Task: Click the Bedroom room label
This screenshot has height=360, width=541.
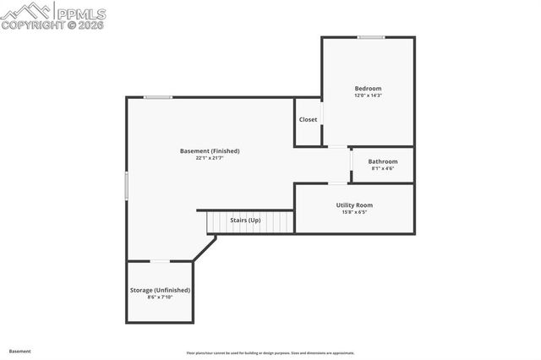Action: tap(368, 89)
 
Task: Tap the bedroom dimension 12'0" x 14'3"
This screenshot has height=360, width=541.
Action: tap(368, 95)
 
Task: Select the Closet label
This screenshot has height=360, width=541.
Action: tap(309, 119)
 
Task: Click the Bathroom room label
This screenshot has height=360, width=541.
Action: tap(382, 161)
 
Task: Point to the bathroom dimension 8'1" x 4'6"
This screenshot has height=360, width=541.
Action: tap(382, 168)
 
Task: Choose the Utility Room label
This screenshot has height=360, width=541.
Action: tap(354, 205)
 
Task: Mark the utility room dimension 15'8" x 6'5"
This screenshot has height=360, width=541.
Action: tap(354, 212)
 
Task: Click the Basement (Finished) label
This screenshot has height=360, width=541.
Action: tap(210, 151)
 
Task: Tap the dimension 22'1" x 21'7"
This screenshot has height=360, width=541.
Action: tap(210, 158)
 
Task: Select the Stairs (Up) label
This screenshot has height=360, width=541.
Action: tap(246, 221)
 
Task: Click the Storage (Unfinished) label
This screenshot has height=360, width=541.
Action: tap(160, 290)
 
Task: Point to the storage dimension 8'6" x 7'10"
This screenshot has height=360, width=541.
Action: tap(160, 297)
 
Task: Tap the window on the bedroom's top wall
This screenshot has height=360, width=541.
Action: tap(370, 37)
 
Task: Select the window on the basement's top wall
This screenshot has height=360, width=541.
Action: tap(158, 97)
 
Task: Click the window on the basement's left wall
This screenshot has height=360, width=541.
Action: tap(127, 186)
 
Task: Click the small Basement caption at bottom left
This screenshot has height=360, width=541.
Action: tap(20, 351)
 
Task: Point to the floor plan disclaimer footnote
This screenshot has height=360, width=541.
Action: tap(270, 353)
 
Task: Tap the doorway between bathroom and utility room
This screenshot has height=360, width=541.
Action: tap(338, 183)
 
